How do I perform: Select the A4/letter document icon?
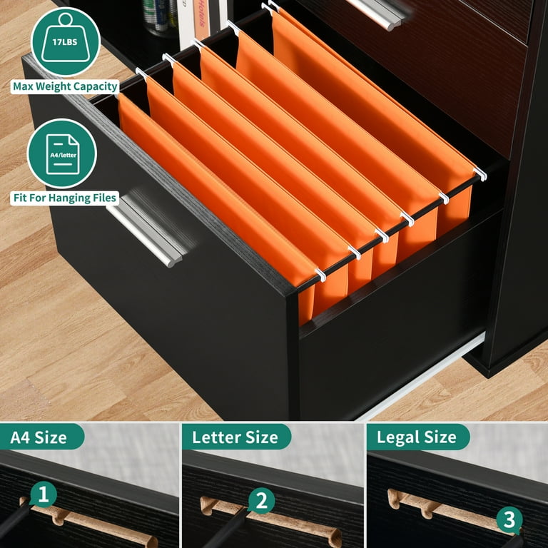pyautogui.click(x=62, y=153)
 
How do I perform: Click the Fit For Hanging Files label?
pyautogui.click(x=64, y=198)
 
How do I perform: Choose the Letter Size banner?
pyautogui.click(x=235, y=437)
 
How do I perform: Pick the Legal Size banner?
pyautogui.click(x=418, y=437)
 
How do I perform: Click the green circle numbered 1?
pyautogui.click(x=44, y=494)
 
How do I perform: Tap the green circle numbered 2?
pyautogui.click(x=261, y=501)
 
